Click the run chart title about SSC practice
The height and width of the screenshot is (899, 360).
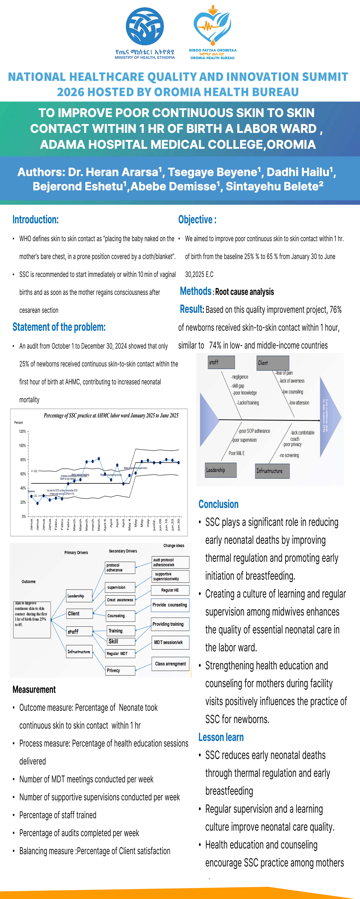[x=111, y=415]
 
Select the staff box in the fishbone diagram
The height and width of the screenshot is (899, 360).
[x=221, y=362]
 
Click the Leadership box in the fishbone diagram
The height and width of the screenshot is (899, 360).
[x=221, y=470]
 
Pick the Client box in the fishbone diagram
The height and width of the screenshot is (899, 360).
[x=273, y=363]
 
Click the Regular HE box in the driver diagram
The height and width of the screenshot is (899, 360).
[x=170, y=590]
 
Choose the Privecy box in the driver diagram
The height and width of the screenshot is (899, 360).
[x=120, y=670]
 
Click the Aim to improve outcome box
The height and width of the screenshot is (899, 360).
[x=32, y=619]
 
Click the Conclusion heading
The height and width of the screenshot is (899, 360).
[x=219, y=504]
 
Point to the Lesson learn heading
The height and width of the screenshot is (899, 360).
[x=221, y=737]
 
